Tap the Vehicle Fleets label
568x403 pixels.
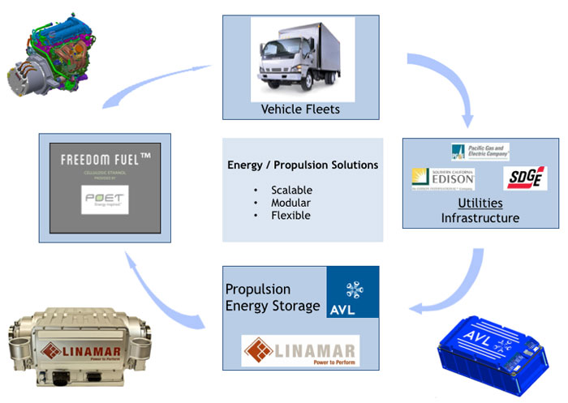tap(301, 109)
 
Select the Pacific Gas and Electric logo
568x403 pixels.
tap(480, 152)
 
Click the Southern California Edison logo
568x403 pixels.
tap(443, 178)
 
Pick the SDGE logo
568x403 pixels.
tap(526, 178)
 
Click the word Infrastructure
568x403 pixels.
tap(480, 217)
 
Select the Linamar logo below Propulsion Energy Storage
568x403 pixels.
tap(300, 352)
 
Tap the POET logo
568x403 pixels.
tap(105, 199)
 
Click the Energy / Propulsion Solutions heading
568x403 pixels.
tap(303, 165)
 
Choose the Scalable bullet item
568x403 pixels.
tap(290, 190)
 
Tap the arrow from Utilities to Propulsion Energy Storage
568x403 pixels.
tap(450, 296)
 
